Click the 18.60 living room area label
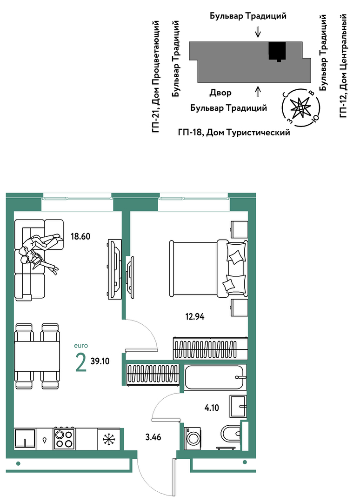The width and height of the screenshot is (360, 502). (x=80, y=237)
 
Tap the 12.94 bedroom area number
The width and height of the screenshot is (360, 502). (x=194, y=317)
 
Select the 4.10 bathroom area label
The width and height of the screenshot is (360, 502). (x=212, y=408)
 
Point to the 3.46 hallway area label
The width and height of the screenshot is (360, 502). (x=153, y=437)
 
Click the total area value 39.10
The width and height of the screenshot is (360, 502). (x=100, y=361)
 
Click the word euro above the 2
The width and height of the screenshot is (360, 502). (x=80, y=346)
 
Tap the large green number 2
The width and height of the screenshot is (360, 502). (x=80, y=362)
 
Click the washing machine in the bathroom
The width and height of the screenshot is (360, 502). (x=192, y=438)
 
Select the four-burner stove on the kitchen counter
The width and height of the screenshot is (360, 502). (x=64, y=438)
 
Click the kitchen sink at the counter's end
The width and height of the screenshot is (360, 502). (x=24, y=438)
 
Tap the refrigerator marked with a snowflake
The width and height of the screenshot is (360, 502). (x=109, y=439)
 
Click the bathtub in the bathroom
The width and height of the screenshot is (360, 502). (x=215, y=377)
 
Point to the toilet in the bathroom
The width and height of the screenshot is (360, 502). (x=230, y=434)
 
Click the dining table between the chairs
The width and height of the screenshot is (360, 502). (x=37, y=357)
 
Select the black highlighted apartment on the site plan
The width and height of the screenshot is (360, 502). (x=277, y=51)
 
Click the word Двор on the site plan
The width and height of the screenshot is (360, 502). (x=220, y=93)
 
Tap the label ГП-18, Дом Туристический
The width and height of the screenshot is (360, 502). (x=234, y=132)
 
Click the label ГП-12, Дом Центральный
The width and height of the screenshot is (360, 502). (x=343, y=66)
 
